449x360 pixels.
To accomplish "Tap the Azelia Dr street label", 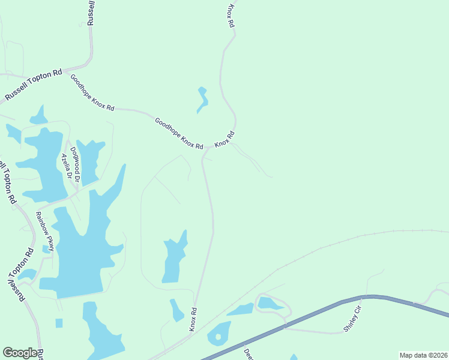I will tap(66, 167).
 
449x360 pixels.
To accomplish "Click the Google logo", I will tap(20, 353).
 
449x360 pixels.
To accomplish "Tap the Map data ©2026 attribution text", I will tap(423, 355).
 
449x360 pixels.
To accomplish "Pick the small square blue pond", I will tap(59, 323).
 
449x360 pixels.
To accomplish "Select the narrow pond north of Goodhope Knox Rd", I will tap(202, 100).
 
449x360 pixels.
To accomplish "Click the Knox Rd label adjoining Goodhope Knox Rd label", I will tap(224, 140).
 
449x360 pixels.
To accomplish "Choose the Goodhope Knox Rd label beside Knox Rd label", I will tap(178, 133).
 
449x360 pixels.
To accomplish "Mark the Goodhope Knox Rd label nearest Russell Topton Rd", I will tap(92, 92).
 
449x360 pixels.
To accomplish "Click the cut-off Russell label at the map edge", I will tap(91, 13).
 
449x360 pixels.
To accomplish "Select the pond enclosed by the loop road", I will tap(269, 304).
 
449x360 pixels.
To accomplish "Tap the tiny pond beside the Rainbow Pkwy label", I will tap(46, 249).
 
